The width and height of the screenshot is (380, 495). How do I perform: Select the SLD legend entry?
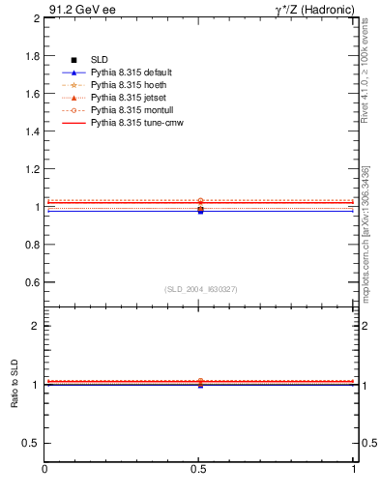tap(101, 60)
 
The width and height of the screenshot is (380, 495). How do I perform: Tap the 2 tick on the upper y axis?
tap(36, 18)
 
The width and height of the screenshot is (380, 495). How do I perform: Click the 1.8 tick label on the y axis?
tap(32, 56)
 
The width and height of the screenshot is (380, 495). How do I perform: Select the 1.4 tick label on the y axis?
tap(32, 131)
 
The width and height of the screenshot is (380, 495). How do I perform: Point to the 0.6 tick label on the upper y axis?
tap(32, 282)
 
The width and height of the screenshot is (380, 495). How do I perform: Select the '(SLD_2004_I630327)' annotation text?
tap(201, 290)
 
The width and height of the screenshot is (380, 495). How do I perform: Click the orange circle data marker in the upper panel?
tap(200, 201)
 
